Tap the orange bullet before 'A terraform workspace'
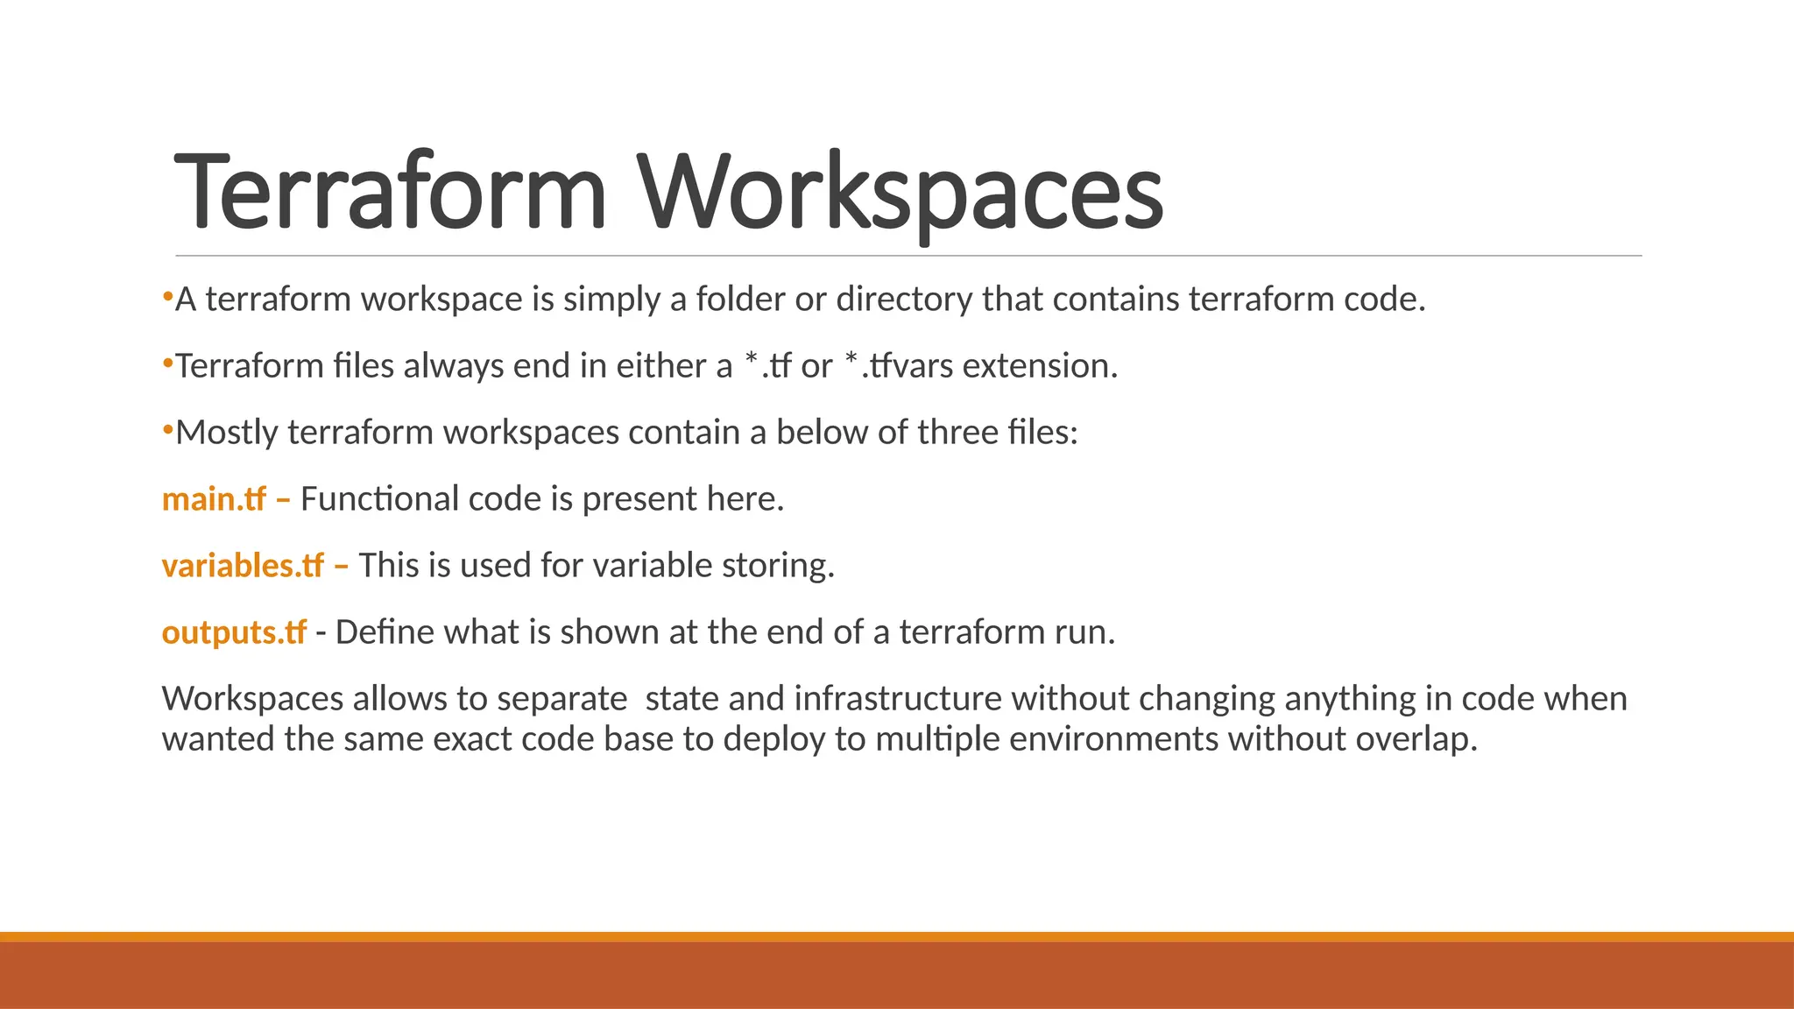[x=167, y=297]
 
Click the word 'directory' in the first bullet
[x=904, y=300]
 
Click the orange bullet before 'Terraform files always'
[x=167, y=363]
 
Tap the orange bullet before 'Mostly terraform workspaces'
[x=167, y=430]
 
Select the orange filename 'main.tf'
[x=214, y=499]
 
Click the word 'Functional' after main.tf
[x=379, y=499]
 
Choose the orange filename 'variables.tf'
[x=243, y=566]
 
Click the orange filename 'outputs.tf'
[x=234, y=632]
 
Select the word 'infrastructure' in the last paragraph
[x=898, y=699]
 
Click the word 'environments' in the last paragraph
[x=1113, y=739]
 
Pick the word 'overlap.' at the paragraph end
[x=1416, y=739]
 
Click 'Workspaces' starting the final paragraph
[x=252, y=699]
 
